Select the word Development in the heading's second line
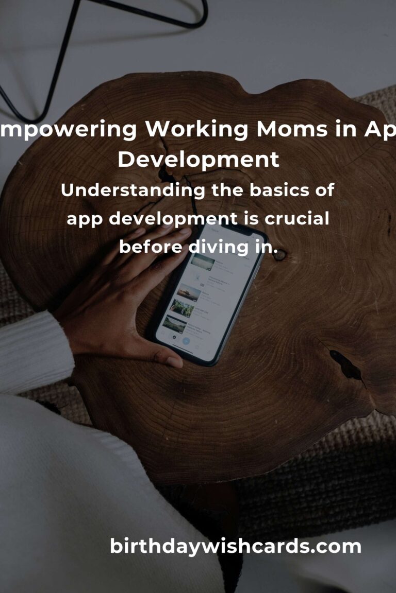click(198, 160)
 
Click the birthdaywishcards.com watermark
click(236, 546)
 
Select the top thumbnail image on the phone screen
click(203, 262)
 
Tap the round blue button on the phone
click(187, 341)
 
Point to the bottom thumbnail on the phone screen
click(174, 324)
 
